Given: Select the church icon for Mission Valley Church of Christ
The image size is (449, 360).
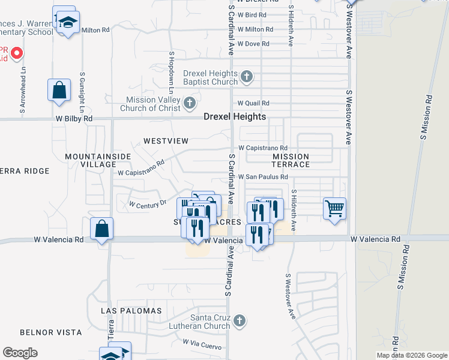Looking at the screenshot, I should (190, 103).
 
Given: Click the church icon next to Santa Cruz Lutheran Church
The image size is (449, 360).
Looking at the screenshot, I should (240, 320).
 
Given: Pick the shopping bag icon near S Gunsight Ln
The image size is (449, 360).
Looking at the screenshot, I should (59, 91).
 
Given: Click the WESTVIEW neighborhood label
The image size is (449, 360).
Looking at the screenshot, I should (166, 141).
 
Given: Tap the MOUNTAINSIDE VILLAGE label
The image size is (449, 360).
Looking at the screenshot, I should (91, 160).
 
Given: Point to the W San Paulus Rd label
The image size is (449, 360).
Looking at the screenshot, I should (263, 177).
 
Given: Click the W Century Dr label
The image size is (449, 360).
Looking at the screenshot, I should (148, 204).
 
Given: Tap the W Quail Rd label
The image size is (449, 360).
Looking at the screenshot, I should (253, 103).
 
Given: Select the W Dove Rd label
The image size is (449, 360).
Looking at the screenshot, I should (253, 44).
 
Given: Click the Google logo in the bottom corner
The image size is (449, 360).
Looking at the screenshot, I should (20, 353).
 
